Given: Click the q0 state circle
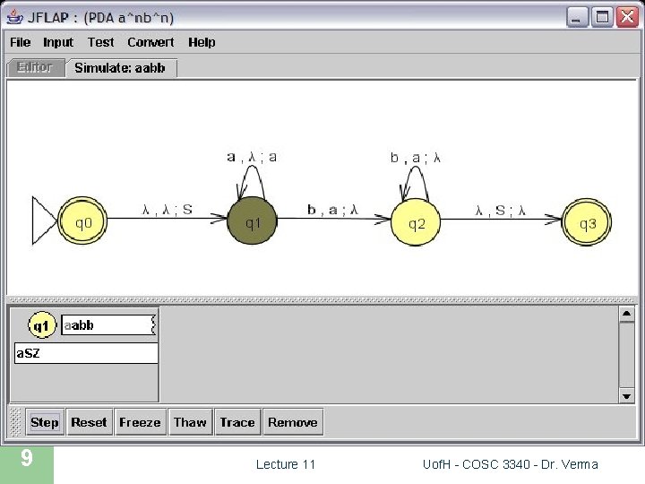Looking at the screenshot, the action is click(x=82, y=221).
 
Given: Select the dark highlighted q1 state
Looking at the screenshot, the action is click(x=253, y=221).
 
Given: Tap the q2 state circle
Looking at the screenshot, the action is click(x=417, y=222).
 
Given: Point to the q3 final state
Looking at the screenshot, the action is click(x=587, y=222).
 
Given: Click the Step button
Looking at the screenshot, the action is click(x=44, y=422).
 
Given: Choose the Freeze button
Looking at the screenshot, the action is click(x=140, y=422).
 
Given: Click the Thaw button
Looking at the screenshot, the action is click(x=190, y=422).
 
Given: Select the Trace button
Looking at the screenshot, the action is click(x=237, y=422).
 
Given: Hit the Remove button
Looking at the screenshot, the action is click(x=293, y=422).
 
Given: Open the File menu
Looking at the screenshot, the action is click(x=20, y=42).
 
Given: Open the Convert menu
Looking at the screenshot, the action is click(x=150, y=42).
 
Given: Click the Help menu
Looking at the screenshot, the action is click(x=202, y=42).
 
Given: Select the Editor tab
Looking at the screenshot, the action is click(x=35, y=67).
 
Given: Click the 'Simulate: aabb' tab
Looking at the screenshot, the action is click(x=120, y=68).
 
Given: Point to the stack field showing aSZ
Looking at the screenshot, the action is click(x=86, y=353).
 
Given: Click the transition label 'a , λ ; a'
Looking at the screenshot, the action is click(x=252, y=157).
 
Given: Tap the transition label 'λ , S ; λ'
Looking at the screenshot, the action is click(x=501, y=211).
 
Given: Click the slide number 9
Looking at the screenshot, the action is click(x=27, y=459).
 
